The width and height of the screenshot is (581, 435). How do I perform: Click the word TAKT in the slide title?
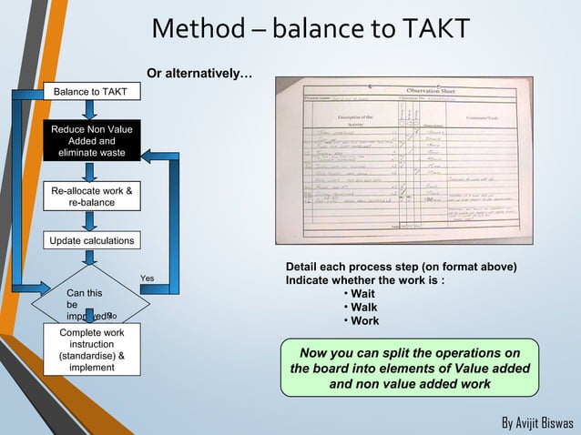tap(427, 29)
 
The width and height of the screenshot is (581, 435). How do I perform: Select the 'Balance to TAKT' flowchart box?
tap(89, 92)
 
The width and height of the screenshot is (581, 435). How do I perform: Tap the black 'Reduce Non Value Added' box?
tap(91, 141)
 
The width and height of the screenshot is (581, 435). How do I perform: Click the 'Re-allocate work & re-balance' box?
tap(91, 197)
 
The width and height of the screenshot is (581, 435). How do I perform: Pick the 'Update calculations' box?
tap(91, 240)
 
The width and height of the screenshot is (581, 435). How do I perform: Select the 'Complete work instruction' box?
tap(91, 350)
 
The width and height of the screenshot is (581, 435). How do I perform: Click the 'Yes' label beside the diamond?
tap(148, 278)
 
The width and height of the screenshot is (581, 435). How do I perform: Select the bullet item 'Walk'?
tap(362, 308)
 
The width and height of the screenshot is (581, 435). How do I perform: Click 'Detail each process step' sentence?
tap(401, 267)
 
